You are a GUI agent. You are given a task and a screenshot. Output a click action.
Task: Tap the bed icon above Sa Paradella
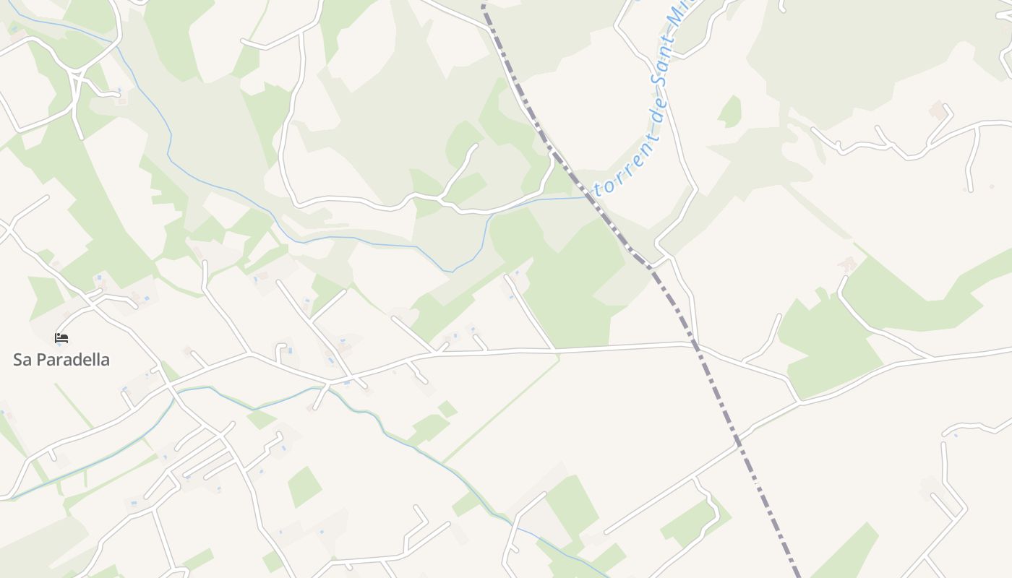(61, 337)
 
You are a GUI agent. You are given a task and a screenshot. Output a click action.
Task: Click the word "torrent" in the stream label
(617, 177)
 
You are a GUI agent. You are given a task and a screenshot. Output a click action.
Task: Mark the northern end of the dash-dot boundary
(483, 4)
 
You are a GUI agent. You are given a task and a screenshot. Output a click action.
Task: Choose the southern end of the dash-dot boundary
(799, 575)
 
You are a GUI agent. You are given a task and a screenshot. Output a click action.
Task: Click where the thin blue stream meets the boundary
(587, 197)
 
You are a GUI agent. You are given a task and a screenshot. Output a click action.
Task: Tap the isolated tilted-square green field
(304, 486)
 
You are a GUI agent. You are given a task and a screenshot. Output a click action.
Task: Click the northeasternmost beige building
(938, 111)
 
